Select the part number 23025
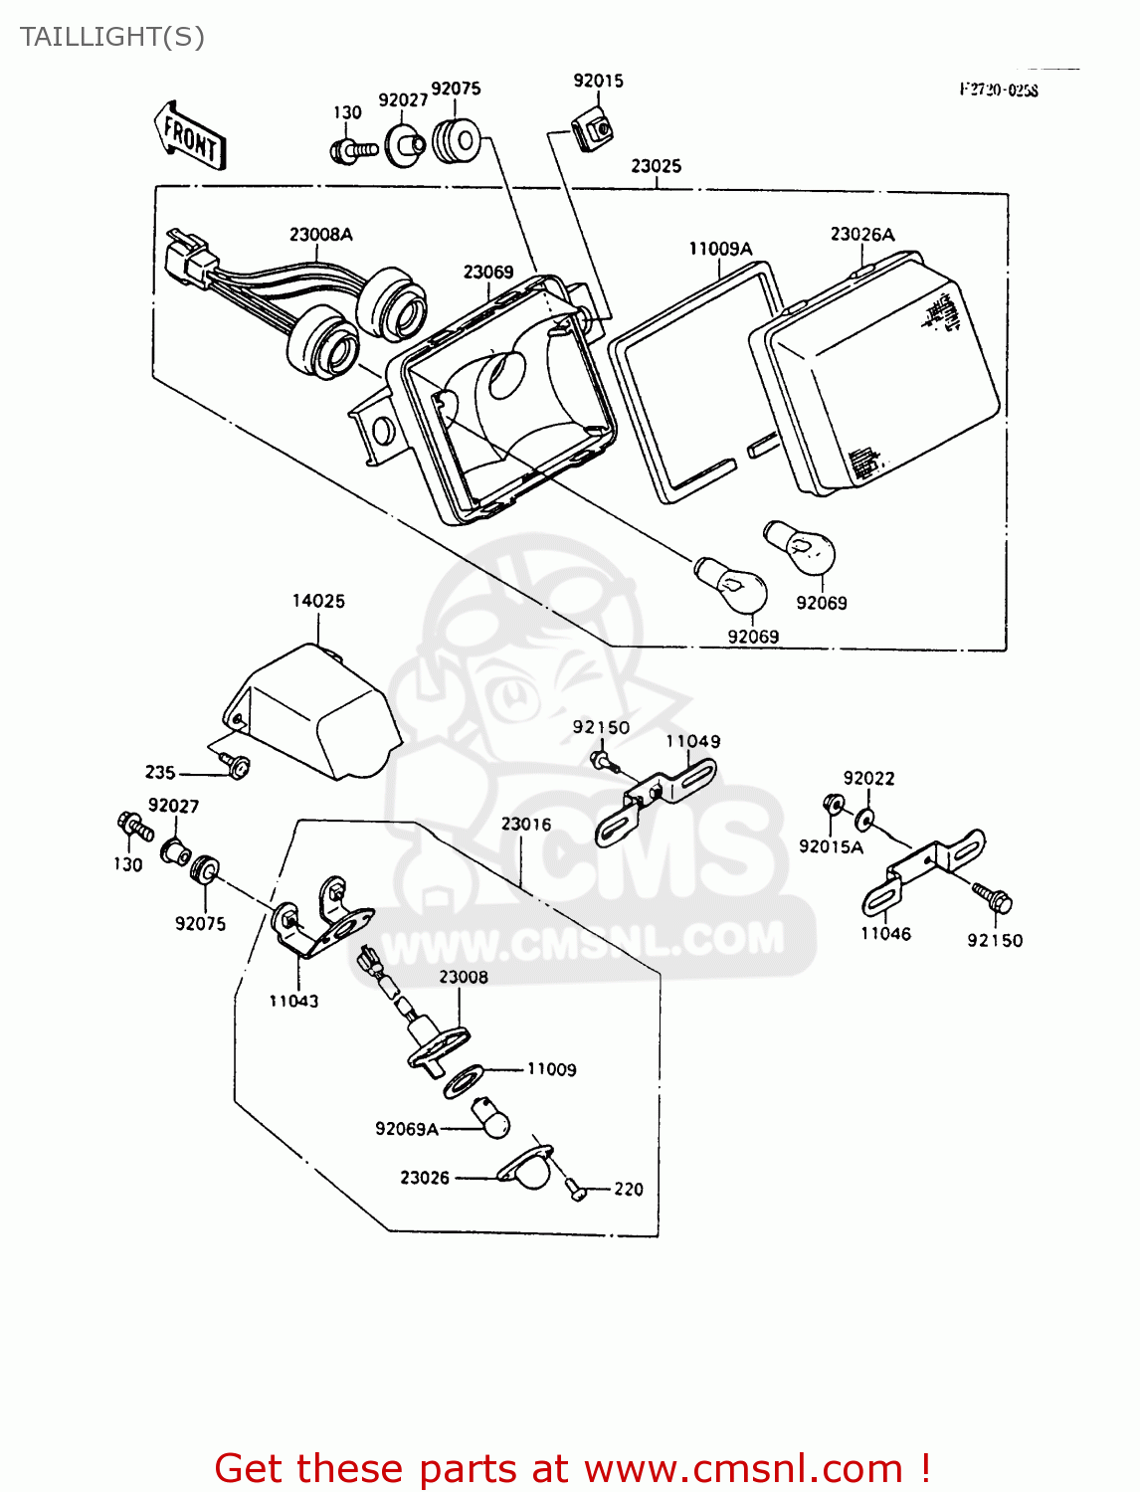657,166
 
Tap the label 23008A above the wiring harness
321,235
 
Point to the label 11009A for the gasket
720,249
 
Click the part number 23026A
862,235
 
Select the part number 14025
318,601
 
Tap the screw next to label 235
237,766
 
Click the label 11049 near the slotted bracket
693,741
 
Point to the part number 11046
885,933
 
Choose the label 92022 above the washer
868,778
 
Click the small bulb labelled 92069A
492,1119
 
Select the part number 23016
526,824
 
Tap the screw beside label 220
574,1188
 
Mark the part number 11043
293,1001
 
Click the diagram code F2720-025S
999,91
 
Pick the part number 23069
488,273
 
